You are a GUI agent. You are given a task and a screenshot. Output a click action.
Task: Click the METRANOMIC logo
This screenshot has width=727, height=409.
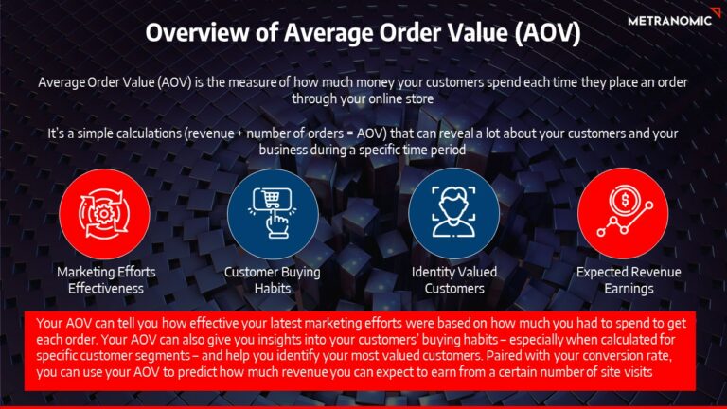click(668, 20)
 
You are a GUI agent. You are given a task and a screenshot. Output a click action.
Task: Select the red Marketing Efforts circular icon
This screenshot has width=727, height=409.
click(104, 212)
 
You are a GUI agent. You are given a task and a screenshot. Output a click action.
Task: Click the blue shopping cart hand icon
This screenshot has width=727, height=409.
click(272, 212)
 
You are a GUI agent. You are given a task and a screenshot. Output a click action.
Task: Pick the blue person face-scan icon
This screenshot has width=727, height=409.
click(454, 212)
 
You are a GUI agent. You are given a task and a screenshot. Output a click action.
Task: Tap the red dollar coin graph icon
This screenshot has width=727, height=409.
click(622, 212)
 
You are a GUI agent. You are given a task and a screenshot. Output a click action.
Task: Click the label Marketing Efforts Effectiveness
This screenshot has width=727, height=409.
click(104, 280)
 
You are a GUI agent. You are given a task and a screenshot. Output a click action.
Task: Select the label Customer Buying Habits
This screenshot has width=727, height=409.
click(272, 280)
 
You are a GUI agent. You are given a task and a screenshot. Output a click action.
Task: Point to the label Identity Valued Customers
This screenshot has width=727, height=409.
click(454, 280)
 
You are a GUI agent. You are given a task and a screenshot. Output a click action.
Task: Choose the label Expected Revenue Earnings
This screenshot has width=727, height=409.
click(622, 280)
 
